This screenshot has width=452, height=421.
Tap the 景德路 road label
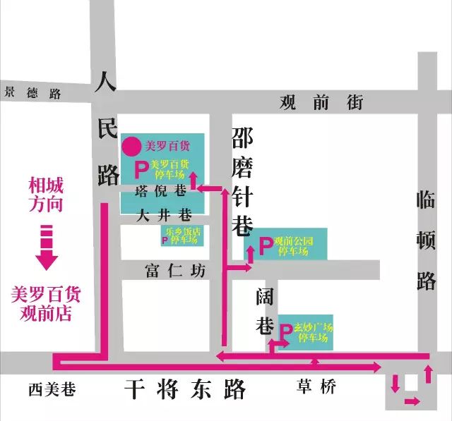tap(32, 92)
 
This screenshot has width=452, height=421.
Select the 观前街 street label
tap(321, 103)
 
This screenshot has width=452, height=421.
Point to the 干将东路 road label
tap(185, 389)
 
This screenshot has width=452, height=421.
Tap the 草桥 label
tap(316, 386)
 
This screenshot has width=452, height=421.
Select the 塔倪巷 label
tap(162, 190)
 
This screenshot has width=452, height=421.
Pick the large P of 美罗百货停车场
tap(141, 169)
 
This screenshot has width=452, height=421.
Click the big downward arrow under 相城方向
tap(47, 248)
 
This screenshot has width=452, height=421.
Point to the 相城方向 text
tap(46, 195)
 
